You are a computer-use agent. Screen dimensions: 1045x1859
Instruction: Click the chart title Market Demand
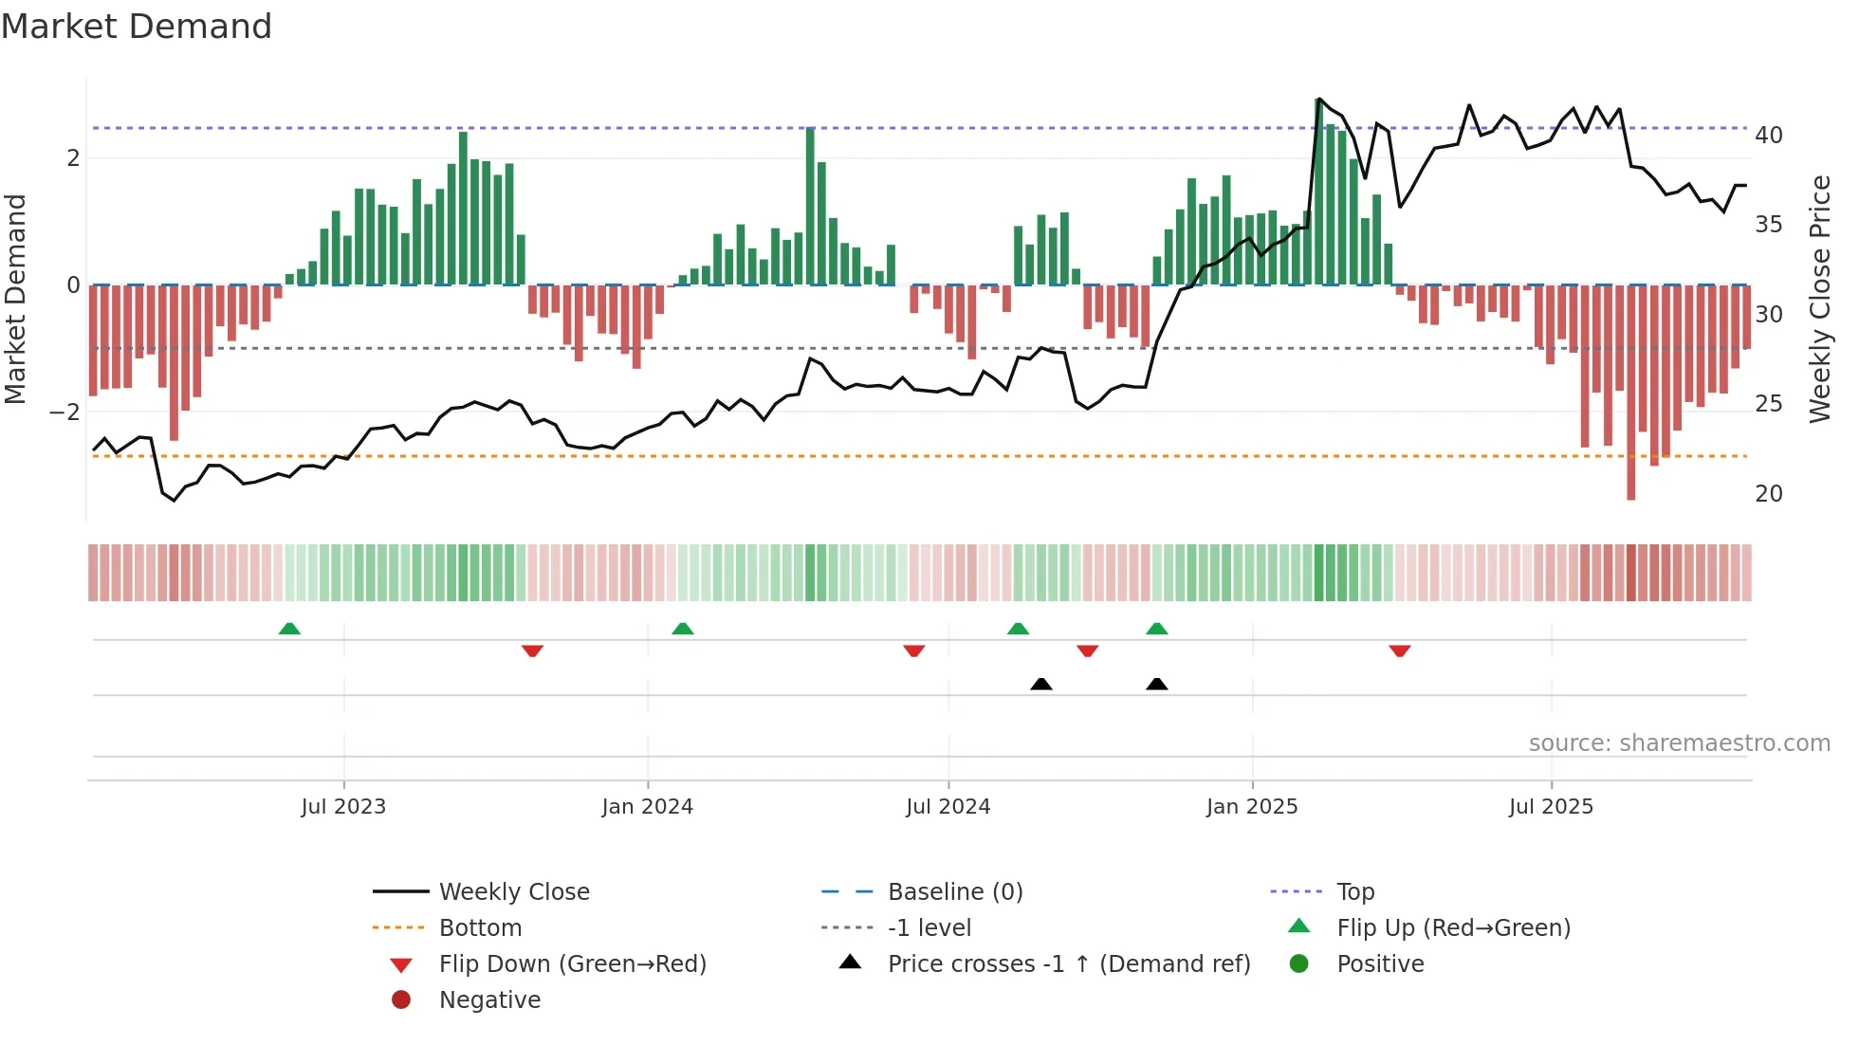point(137,27)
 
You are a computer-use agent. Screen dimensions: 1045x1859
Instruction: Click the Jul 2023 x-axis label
point(343,807)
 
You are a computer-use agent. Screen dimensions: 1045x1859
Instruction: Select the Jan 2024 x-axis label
point(647,807)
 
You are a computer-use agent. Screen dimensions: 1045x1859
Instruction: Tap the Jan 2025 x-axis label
point(1252,807)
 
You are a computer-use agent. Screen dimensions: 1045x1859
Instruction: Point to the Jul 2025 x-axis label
point(1551,807)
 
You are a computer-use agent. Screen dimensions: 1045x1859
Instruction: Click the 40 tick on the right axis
point(1768,136)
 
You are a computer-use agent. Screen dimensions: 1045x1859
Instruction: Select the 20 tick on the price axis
point(1768,494)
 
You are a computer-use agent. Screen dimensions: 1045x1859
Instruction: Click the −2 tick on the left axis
point(64,412)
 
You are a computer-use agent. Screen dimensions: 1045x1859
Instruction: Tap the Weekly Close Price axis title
point(1819,299)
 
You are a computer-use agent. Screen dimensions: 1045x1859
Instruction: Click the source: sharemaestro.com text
point(1679,743)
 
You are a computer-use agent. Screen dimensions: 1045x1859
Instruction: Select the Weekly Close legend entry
point(513,892)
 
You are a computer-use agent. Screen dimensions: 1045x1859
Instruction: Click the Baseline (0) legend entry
point(954,892)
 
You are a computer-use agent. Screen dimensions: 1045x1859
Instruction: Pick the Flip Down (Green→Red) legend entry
point(572,964)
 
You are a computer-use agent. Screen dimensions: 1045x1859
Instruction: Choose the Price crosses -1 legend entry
point(1068,964)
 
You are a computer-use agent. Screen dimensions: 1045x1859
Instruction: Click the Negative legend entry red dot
point(401,999)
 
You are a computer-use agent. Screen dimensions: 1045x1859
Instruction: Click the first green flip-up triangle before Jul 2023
point(289,629)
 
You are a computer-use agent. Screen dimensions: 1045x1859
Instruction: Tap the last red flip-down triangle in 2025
point(1400,651)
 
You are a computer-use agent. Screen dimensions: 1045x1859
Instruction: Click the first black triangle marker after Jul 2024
point(1041,684)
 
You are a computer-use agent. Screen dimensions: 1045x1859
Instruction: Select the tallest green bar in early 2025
point(1319,190)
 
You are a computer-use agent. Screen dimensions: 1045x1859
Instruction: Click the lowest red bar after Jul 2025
point(1631,398)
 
